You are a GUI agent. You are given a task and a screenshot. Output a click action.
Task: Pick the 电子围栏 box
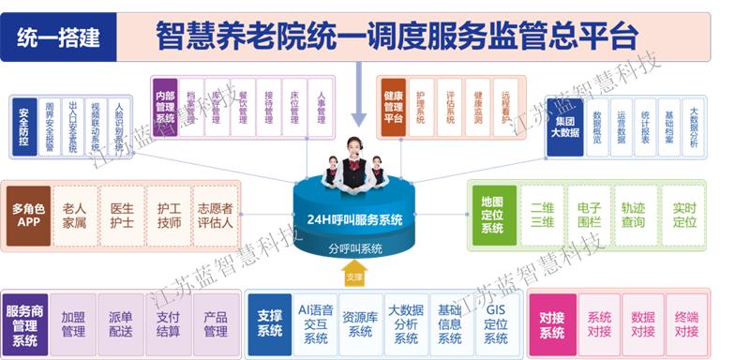click(588, 216)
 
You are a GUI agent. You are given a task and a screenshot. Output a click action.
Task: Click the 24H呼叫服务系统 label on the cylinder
click(359, 219)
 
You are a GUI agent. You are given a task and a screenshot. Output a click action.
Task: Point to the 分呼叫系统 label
click(357, 248)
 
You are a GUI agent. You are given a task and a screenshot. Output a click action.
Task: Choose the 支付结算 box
click(168, 323)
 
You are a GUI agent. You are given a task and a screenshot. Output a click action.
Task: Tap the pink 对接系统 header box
click(553, 323)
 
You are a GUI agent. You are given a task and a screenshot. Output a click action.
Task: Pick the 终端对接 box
click(687, 323)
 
